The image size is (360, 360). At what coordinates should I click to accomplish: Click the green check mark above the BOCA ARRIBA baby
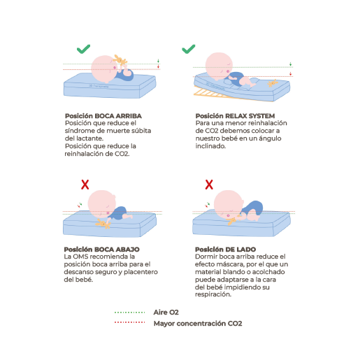[83, 49]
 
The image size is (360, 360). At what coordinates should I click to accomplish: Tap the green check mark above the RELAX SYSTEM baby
[189, 49]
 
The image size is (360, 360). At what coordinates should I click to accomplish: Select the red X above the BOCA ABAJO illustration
[85, 185]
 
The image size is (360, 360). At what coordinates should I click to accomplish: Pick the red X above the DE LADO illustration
[209, 185]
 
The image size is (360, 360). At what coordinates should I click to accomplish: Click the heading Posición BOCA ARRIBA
[103, 116]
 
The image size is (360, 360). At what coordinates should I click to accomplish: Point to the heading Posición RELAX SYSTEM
[235, 116]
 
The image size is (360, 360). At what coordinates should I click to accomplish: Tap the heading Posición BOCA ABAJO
[102, 250]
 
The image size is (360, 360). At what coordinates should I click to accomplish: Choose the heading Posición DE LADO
[225, 250]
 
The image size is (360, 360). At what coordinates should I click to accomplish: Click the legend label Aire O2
[166, 312]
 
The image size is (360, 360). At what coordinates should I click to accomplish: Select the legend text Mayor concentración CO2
[198, 324]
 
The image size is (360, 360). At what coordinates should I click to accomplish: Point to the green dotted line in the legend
[129, 312]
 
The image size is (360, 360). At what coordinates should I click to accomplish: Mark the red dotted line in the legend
[129, 322]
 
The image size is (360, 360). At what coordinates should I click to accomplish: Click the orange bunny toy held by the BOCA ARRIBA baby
[120, 60]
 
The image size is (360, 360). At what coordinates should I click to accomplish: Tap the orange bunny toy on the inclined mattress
[273, 83]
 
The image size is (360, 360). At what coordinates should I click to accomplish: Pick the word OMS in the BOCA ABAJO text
[81, 257]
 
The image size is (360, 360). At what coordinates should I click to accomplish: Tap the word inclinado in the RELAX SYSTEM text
[210, 146]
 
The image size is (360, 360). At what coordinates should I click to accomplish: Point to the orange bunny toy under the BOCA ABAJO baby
[103, 223]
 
